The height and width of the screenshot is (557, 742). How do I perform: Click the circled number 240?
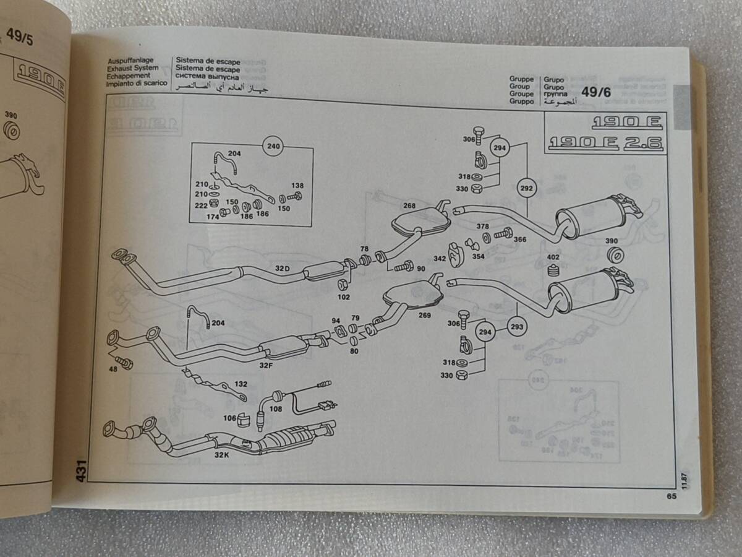(x=273, y=147)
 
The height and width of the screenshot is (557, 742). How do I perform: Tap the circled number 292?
(x=526, y=187)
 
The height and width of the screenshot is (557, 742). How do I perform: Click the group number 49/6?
(x=597, y=93)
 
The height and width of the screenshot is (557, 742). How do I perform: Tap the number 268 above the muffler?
(x=409, y=206)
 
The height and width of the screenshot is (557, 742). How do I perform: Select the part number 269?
(x=424, y=315)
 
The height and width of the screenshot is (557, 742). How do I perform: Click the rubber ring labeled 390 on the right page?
(x=615, y=256)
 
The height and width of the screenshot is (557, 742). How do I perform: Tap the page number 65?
(x=672, y=495)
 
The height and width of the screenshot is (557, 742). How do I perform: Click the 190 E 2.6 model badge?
(x=605, y=144)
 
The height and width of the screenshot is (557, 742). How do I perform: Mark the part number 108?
(x=275, y=408)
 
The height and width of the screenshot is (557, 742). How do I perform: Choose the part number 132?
(x=241, y=384)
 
